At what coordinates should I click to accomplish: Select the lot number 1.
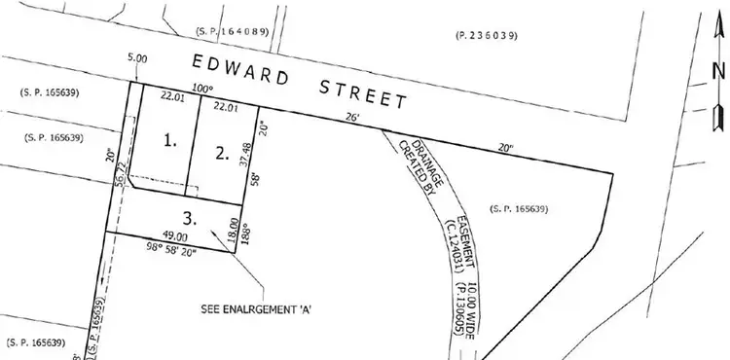pyautogui.click(x=170, y=140)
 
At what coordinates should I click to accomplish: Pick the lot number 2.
pyautogui.click(x=223, y=151)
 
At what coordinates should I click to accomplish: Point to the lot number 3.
pyautogui.click(x=190, y=217)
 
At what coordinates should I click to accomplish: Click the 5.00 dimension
pyautogui.click(x=137, y=58)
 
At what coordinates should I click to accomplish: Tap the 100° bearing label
pyautogui.click(x=201, y=89)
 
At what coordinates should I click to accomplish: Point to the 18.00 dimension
pyautogui.click(x=234, y=230)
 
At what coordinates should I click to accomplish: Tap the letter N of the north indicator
pyautogui.click(x=717, y=70)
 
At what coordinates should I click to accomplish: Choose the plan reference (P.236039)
pyautogui.click(x=487, y=36)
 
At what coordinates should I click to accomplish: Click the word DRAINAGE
pyautogui.click(x=417, y=159)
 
